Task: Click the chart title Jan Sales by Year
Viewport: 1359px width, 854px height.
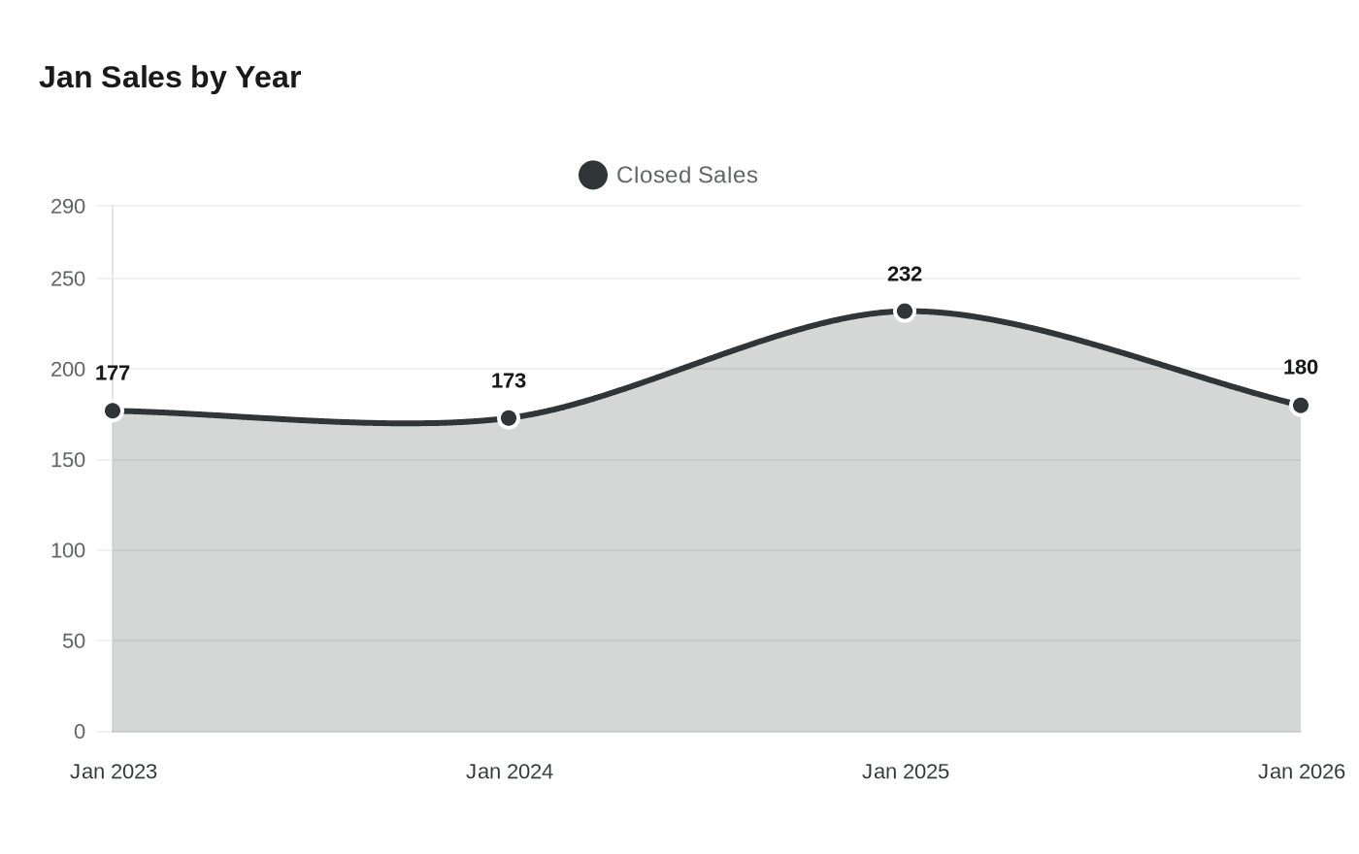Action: coord(170,77)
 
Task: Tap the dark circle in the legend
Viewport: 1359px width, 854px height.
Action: coord(593,175)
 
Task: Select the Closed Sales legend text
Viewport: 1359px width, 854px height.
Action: coord(686,175)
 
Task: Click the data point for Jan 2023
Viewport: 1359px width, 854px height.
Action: coord(113,411)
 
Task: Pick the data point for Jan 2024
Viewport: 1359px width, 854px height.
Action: coord(509,418)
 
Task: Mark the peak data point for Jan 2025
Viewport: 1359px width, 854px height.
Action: coord(905,312)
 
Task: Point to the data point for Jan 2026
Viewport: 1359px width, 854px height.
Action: coord(1300,406)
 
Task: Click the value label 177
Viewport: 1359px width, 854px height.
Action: coord(113,373)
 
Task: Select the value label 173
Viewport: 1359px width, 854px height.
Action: coord(509,380)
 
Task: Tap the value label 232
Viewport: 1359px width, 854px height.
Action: coord(905,274)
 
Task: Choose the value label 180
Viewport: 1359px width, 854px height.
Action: coord(1300,367)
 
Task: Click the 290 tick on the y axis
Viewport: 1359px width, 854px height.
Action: coord(68,206)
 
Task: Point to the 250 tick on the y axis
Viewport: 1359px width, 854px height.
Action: coord(68,279)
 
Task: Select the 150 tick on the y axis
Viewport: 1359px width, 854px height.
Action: coord(68,460)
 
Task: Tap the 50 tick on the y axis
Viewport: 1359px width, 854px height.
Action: coord(73,640)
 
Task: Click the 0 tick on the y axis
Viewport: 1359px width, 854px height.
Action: coord(80,732)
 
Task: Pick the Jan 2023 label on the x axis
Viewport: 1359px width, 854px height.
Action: coord(114,772)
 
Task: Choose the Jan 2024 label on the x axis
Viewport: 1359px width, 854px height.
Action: coord(510,772)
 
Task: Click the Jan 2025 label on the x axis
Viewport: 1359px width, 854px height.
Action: coord(906,772)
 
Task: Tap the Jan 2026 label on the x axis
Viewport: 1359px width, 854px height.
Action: coord(1301,772)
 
